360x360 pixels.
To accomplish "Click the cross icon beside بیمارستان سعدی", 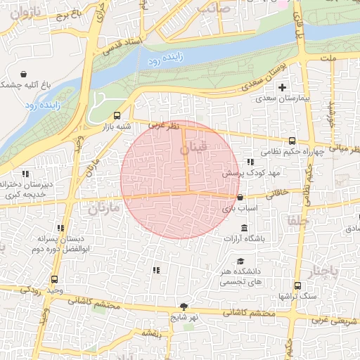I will (283, 88).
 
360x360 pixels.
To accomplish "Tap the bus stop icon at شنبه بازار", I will (117, 115).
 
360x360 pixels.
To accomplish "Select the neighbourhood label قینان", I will (194, 150).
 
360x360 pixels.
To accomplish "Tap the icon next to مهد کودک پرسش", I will (250, 162).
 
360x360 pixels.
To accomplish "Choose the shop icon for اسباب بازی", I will (241, 198).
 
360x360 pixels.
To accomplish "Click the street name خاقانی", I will (275, 191).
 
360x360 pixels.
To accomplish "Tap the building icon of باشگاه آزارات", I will (244, 229).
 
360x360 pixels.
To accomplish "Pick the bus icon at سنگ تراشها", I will (297, 285).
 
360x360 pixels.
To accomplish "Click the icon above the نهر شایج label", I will (184, 307).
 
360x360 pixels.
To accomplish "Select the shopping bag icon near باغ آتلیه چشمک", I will (25, 73).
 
